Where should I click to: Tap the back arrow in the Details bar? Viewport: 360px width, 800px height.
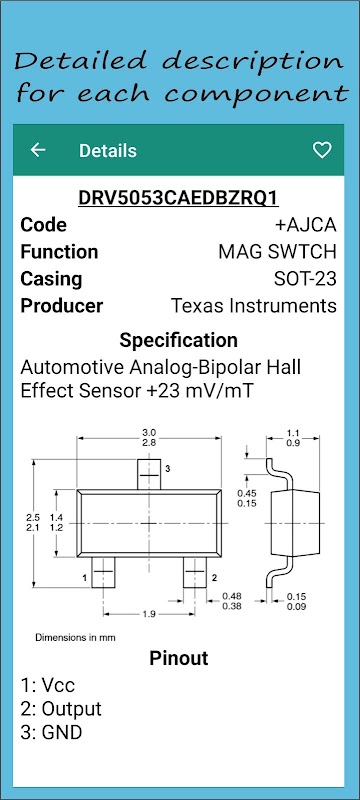click(38, 150)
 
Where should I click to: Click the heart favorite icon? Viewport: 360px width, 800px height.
click(322, 150)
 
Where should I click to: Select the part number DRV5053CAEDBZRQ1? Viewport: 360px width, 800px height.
click(178, 198)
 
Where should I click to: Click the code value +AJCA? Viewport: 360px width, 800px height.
click(305, 225)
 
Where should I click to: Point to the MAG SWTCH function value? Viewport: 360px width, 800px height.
click(277, 252)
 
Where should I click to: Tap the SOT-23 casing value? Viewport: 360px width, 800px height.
click(305, 279)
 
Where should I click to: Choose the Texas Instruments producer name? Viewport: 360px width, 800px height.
click(253, 306)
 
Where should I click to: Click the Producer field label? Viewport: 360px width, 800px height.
click(61, 306)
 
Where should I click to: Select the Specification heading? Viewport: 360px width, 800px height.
click(178, 340)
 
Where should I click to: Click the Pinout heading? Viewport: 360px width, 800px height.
click(178, 658)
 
